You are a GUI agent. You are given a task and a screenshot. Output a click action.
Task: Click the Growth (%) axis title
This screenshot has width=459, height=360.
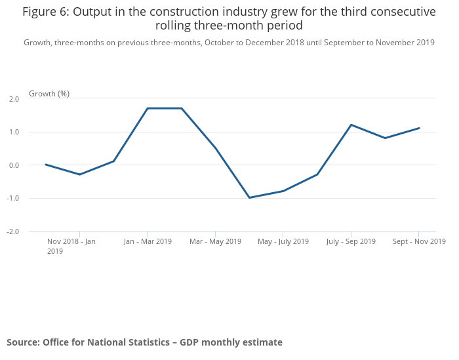coord(49,94)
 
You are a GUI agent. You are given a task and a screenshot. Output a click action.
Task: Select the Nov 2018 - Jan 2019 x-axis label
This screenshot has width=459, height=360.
coord(71,246)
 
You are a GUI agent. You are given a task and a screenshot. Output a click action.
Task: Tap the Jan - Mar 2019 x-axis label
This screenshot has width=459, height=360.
coord(148,241)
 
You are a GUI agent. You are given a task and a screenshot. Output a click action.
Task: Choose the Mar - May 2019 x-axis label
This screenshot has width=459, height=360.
coord(215,241)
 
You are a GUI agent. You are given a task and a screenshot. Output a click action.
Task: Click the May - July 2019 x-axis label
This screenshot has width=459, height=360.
coord(283,241)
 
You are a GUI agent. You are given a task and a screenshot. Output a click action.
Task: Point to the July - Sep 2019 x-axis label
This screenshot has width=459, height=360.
coord(351,241)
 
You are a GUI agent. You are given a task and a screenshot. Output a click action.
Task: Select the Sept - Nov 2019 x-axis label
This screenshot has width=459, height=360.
coord(419,241)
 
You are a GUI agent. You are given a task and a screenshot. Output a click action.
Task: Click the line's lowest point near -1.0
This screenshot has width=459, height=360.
coord(249,197)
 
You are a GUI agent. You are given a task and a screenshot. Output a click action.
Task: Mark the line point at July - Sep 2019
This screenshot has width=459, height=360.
coord(351,125)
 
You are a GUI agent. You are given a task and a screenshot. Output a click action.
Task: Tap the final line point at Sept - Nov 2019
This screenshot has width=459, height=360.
coord(419,128)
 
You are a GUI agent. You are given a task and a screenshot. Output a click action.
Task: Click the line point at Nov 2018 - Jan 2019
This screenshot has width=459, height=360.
coord(80,174)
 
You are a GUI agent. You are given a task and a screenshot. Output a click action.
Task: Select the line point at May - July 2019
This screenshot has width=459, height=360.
coord(283,191)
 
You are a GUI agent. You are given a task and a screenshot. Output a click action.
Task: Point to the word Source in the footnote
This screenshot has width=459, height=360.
coord(22,342)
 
